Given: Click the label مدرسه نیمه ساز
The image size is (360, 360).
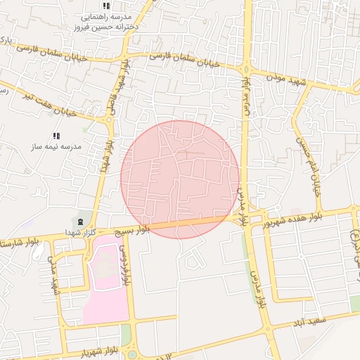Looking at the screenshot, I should (x=56, y=147).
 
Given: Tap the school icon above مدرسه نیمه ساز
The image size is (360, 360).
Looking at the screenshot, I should (x=56, y=136).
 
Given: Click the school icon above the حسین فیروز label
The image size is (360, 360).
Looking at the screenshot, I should (x=106, y=6).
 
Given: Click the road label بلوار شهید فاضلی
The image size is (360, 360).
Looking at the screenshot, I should (x=117, y=87).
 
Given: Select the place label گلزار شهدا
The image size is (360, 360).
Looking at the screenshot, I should (x=79, y=232).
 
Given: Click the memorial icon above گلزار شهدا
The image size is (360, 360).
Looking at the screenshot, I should (x=79, y=221).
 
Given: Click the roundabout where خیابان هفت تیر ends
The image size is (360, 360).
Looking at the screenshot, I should (x=109, y=120).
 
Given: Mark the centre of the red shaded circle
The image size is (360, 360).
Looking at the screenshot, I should (x=180, y=179).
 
